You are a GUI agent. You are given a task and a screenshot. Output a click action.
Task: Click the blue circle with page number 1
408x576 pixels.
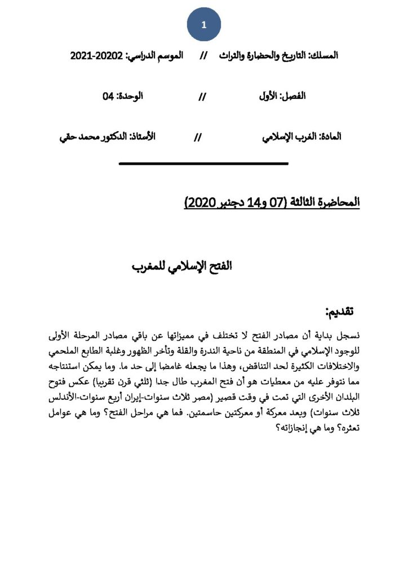(x=204, y=25)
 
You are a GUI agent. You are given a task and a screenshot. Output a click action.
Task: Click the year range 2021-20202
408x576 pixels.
(x=96, y=56)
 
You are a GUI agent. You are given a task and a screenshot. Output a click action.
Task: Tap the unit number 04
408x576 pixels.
(x=108, y=96)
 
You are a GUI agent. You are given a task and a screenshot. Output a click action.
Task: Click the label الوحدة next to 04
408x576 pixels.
(x=130, y=96)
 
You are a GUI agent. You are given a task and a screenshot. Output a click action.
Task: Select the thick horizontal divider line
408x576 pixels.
(x=204, y=164)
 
